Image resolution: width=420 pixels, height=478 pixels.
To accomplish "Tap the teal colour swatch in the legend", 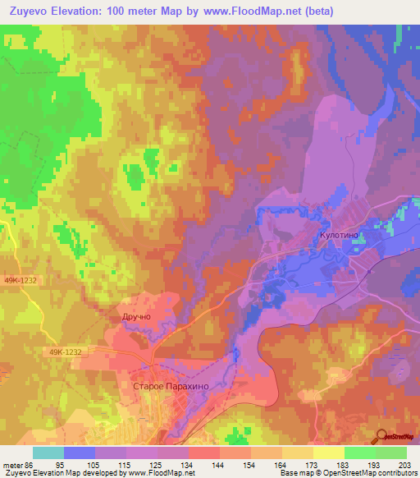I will point(48,453).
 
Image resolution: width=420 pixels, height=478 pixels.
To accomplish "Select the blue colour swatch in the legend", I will point(79,453).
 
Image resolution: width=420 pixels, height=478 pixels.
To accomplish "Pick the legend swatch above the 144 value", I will point(203,453).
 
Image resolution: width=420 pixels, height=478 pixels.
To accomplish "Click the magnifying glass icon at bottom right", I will point(382,435).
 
